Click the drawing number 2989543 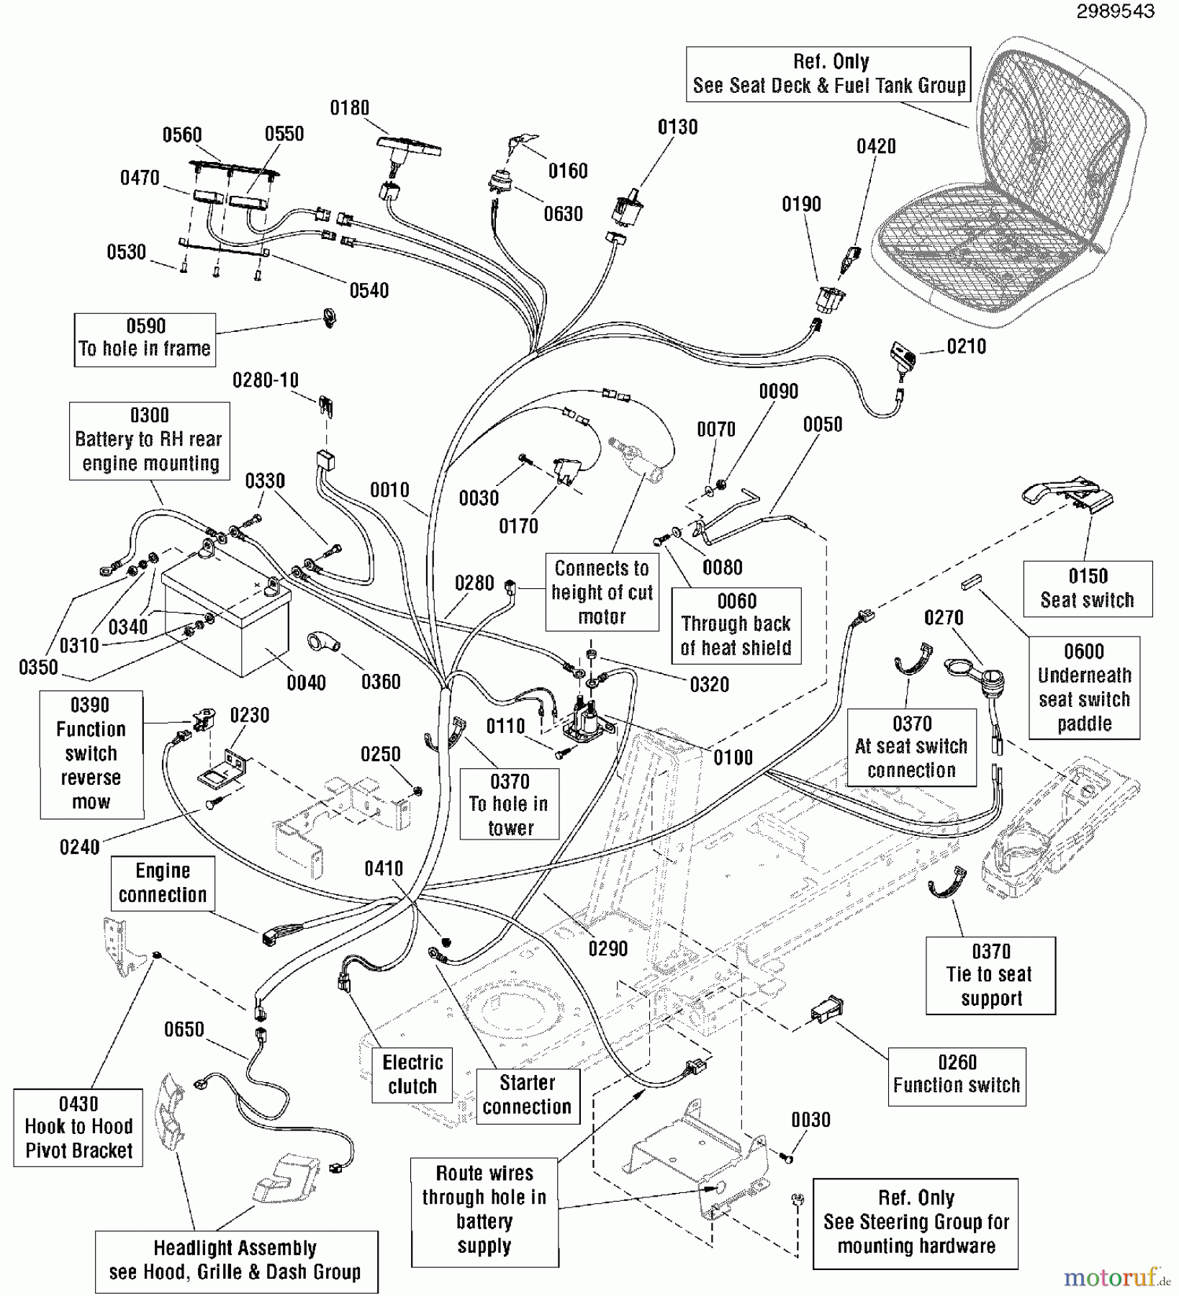[1115, 11]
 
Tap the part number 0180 [349, 108]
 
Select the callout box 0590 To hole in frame [145, 339]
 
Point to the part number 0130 [677, 127]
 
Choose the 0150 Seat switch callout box [1087, 588]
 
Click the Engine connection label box [163, 883]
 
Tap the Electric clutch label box [412, 1074]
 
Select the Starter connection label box [527, 1094]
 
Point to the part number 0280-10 [265, 380]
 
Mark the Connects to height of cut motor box [602, 593]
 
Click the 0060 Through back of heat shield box [736, 625]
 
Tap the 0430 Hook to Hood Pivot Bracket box [78, 1128]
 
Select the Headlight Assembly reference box [235, 1261]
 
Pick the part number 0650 [184, 1030]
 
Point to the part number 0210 [966, 347]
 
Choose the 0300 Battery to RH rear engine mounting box [149, 440]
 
